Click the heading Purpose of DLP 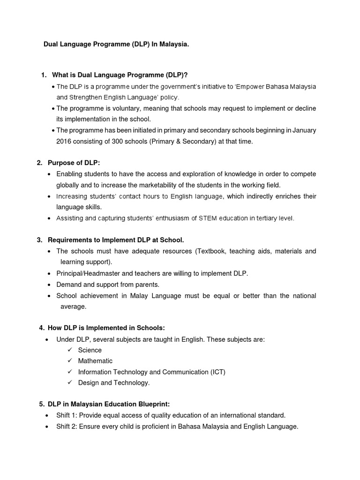74,163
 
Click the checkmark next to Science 69,350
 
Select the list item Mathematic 95,361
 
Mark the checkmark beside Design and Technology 69,382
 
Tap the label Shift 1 66,415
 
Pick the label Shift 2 66,427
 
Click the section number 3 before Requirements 39,240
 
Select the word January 303,130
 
